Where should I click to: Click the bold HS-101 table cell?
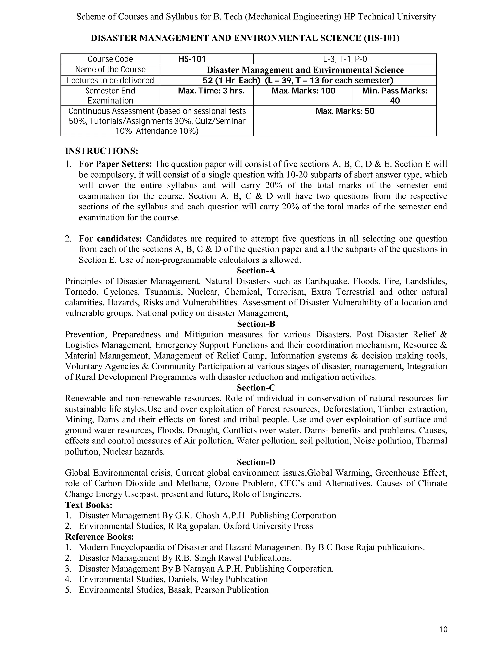pyautogui.click(x=192, y=59)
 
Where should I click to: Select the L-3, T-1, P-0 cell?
pyautogui.click(x=345, y=59)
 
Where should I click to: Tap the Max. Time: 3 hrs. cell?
pyautogui.click(x=211, y=91)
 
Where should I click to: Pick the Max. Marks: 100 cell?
pyautogui.click(x=303, y=91)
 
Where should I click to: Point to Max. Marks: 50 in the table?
pyautogui.click(x=345, y=111)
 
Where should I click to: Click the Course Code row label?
pyautogui.click(x=110, y=59)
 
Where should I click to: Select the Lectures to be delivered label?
pyautogui.click(x=110, y=80)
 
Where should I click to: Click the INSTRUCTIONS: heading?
pyautogui.click(x=102, y=151)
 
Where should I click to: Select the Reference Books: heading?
pyautogui.click(x=99, y=537)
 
